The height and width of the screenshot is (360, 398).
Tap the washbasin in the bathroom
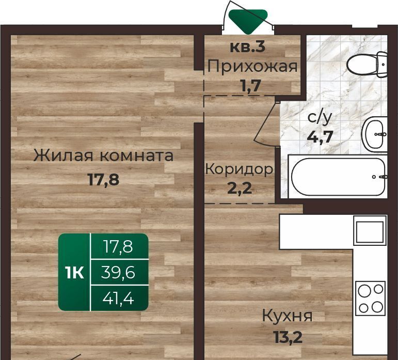point(375,134)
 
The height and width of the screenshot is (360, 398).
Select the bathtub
point(338,177)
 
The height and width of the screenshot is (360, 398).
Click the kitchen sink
point(370,232)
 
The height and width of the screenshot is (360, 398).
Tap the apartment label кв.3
point(247,47)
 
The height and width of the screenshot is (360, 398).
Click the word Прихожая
point(252,67)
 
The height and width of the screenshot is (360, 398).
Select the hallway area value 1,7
point(251,86)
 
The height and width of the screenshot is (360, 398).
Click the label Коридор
point(239,169)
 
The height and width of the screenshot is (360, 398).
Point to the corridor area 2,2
point(240,188)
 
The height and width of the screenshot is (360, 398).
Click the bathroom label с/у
point(320,118)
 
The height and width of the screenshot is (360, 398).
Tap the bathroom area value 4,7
point(320,137)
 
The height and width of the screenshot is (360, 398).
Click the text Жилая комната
point(103,155)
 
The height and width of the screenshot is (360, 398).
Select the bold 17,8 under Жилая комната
point(103,180)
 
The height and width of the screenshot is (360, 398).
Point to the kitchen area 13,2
point(288,337)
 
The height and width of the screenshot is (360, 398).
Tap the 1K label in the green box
point(75,273)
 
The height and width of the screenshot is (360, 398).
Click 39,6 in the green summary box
point(118,272)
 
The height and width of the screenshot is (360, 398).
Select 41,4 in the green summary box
point(118,299)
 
